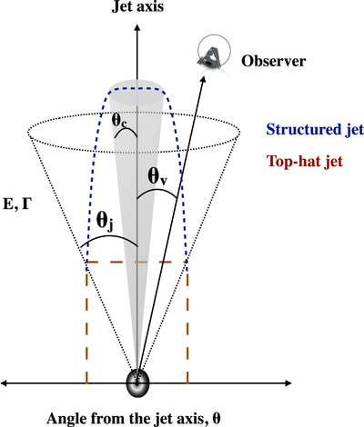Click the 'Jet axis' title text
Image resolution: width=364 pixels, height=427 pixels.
137,6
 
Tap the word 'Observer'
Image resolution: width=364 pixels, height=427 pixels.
273,61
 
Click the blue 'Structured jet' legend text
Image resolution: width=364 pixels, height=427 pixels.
315,130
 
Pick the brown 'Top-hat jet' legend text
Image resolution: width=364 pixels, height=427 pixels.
305,161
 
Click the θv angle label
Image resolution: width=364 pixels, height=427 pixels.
157,177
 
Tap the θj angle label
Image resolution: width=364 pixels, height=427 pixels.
105,222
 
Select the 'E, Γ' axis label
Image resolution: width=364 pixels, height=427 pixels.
17,204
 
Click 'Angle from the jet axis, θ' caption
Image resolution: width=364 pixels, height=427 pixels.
134,419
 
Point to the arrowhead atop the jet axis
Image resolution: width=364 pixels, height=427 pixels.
137,28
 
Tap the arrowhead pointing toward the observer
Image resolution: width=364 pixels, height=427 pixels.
203,79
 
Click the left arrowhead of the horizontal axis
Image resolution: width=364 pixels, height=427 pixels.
5,383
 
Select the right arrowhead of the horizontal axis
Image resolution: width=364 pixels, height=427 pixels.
288,383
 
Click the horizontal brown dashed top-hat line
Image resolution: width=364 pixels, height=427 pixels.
136,262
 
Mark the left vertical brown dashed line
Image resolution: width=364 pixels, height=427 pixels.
87,323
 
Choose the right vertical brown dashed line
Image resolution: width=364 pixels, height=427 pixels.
187,323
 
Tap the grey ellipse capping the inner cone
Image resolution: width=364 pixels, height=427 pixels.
136,90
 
